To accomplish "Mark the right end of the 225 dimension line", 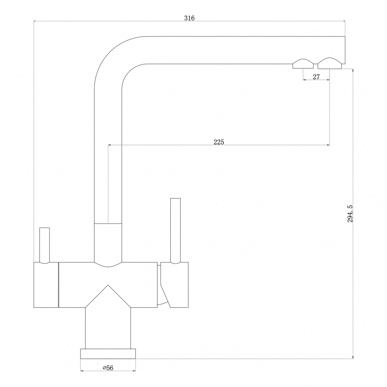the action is coord(329,145).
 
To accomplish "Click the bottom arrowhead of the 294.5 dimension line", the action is coord(353,358).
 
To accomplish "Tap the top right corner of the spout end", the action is coord(345,36).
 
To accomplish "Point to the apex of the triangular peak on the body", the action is coord(108,285).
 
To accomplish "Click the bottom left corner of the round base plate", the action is coord(80,358).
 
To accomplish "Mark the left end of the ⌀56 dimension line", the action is coord(81,371).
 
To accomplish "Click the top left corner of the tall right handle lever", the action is coord(171,198).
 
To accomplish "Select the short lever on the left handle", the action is coord(45,245).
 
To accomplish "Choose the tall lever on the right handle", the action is coord(175,231).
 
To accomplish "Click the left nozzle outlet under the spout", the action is coord(303,64).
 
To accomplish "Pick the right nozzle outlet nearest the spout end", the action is coord(330,63).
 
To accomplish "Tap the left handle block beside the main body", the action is coord(46,285).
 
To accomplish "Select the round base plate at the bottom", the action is coord(108,353).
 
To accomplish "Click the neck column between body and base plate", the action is coord(108,328).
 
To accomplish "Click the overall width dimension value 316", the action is coord(189,18).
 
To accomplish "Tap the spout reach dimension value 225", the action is coord(219,142).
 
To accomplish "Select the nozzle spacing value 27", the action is coord(316,77).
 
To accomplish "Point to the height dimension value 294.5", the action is coord(350,214).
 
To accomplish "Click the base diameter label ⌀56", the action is coord(108,368).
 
